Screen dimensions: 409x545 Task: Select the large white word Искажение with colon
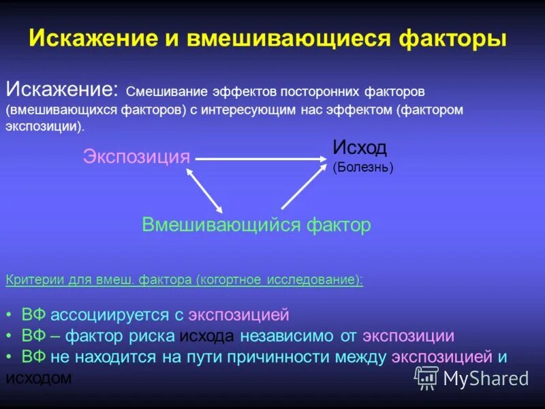(x=62, y=89)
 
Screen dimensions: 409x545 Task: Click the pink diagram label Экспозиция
(x=136, y=156)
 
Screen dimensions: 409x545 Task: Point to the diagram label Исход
(x=360, y=147)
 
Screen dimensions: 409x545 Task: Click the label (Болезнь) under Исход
(x=362, y=166)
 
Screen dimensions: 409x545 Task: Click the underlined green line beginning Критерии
(x=184, y=281)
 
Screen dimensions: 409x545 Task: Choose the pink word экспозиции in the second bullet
(x=408, y=336)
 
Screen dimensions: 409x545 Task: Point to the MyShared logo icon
(x=426, y=377)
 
